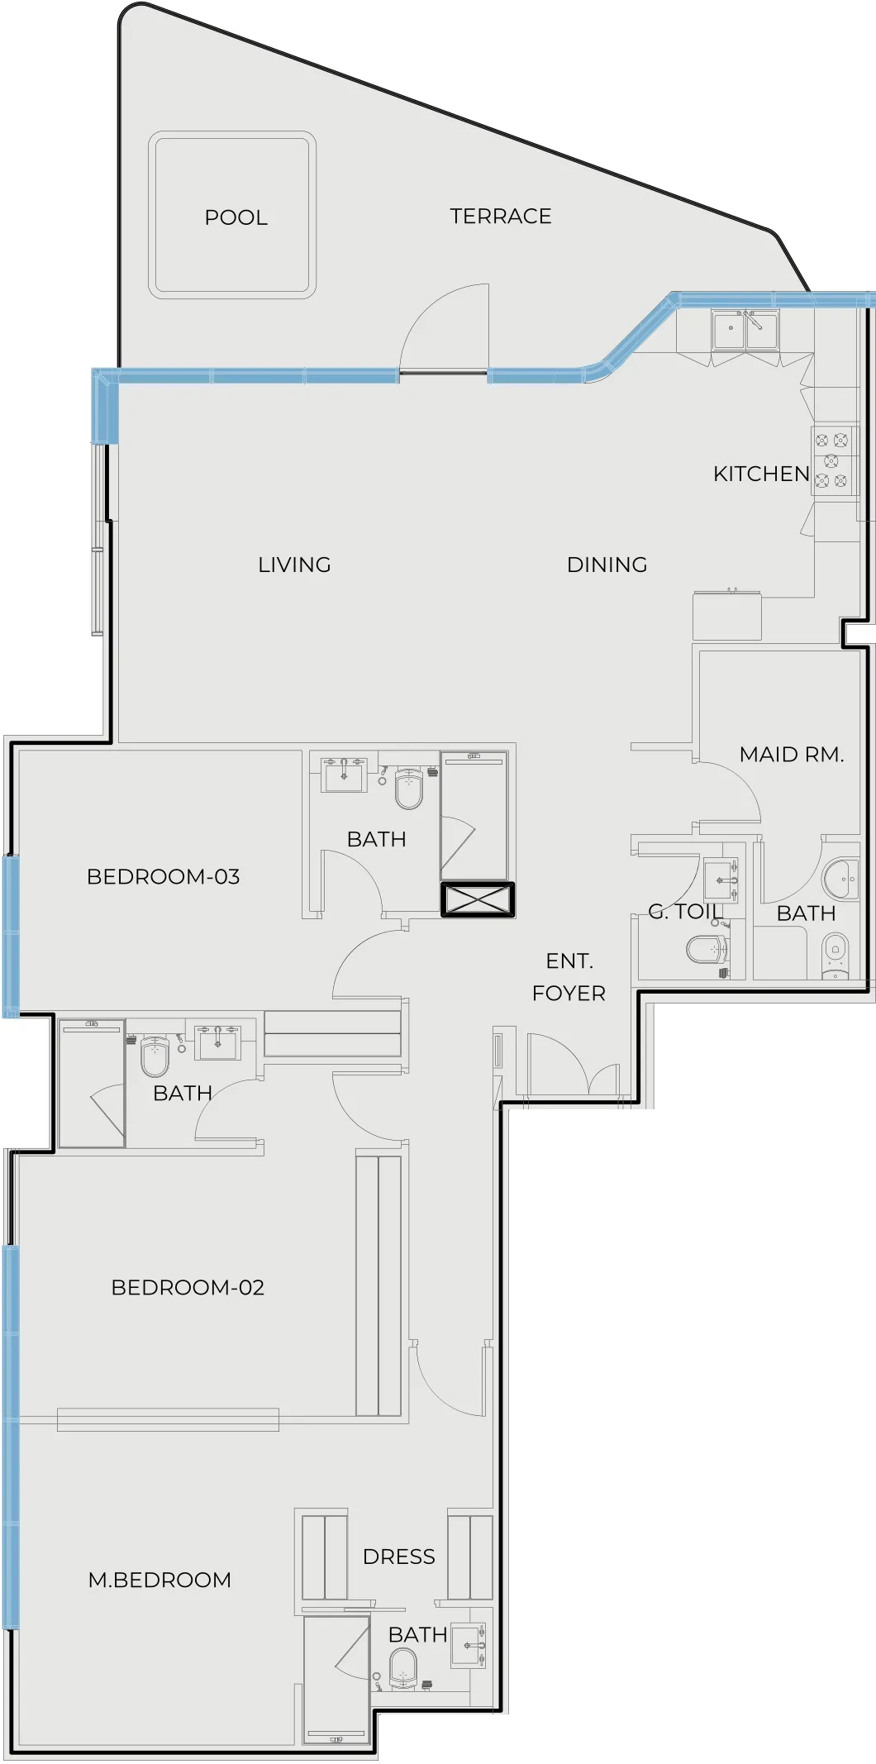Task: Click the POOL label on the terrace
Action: tap(236, 217)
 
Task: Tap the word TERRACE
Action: tap(500, 217)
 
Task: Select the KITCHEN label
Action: tap(761, 474)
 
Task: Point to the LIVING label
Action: tap(294, 565)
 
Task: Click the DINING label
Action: tap(607, 565)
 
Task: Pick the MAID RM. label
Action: tap(791, 754)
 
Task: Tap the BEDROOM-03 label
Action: tap(163, 876)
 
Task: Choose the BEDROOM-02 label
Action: tap(188, 1287)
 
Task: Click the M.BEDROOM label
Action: tap(159, 1580)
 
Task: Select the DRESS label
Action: tap(398, 1557)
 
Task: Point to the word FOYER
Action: tap(569, 993)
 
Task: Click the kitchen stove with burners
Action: tap(831, 461)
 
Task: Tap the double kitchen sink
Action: tap(745, 331)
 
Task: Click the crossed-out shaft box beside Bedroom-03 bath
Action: tap(478, 899)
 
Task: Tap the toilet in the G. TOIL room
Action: tap(706, 949)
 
